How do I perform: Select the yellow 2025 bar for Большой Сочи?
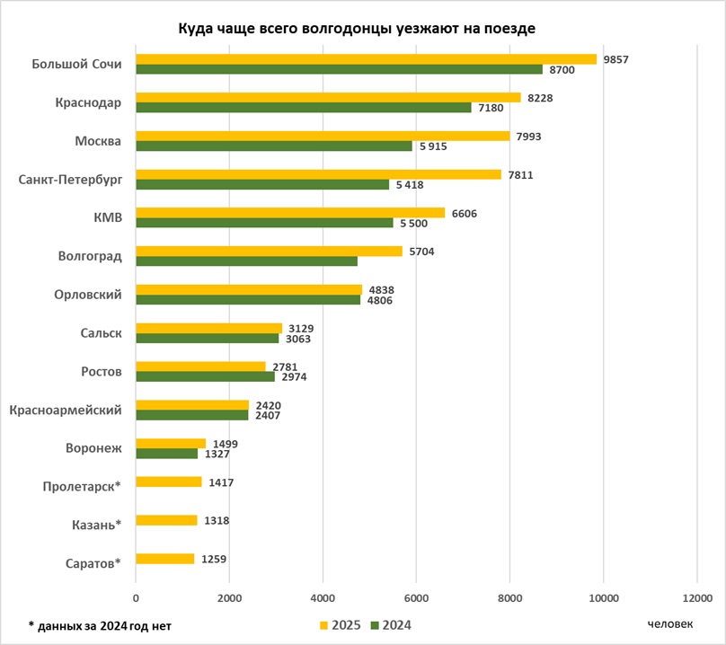366,59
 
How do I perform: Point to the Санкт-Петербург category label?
71,180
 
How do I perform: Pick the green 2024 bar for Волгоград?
246,261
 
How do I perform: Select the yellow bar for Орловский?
249,289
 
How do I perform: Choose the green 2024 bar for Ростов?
205,376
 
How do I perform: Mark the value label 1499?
226,443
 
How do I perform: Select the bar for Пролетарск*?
168,482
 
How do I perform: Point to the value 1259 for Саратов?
213,559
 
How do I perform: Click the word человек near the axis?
670,623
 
